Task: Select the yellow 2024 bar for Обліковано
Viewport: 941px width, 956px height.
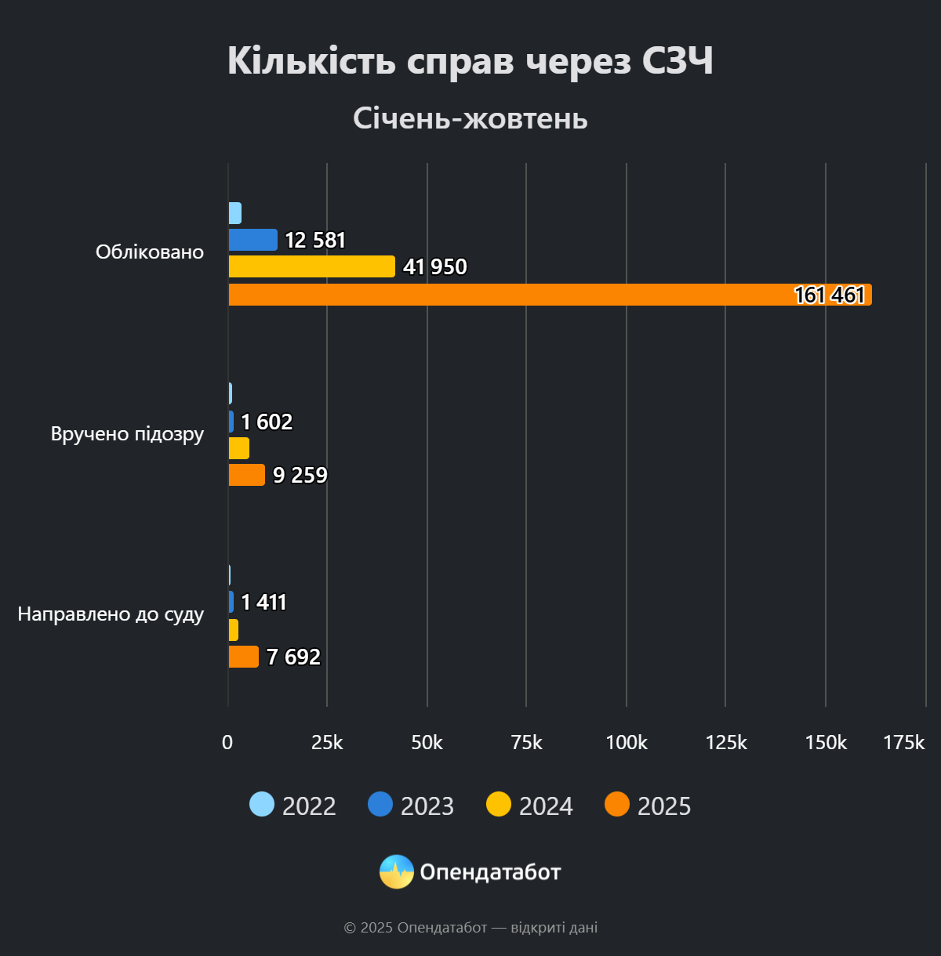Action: pos(311,266)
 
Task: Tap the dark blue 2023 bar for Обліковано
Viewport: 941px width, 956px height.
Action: pos(253,240)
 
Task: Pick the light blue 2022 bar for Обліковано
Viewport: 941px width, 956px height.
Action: pos(234,213)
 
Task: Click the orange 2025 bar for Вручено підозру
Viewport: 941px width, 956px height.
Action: pos(246,475)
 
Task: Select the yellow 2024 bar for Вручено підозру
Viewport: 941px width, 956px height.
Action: pos(238,448)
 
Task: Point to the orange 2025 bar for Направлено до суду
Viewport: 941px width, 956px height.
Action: pos(243,657)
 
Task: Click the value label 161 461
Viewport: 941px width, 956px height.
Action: pos(829,295)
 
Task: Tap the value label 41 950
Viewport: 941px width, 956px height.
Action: pos(434,267)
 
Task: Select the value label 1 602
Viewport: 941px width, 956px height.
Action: pos(267,422)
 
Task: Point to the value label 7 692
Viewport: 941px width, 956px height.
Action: pos(293,657)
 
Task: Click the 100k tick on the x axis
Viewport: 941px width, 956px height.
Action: pos(626,742)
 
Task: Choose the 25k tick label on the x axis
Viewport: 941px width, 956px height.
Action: pos(327,742)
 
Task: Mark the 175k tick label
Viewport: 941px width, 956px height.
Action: pos(903,742)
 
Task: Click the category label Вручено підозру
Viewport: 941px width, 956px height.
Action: pos(127,434)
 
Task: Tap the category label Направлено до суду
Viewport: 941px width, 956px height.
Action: pos(111,614)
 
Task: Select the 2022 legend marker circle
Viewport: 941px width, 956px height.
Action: pos(262,805)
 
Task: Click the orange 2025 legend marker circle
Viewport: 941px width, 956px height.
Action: pos(617,805)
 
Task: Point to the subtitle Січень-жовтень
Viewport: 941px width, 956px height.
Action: pos(470,118)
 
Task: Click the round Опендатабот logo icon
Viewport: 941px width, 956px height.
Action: pos(397,871)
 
